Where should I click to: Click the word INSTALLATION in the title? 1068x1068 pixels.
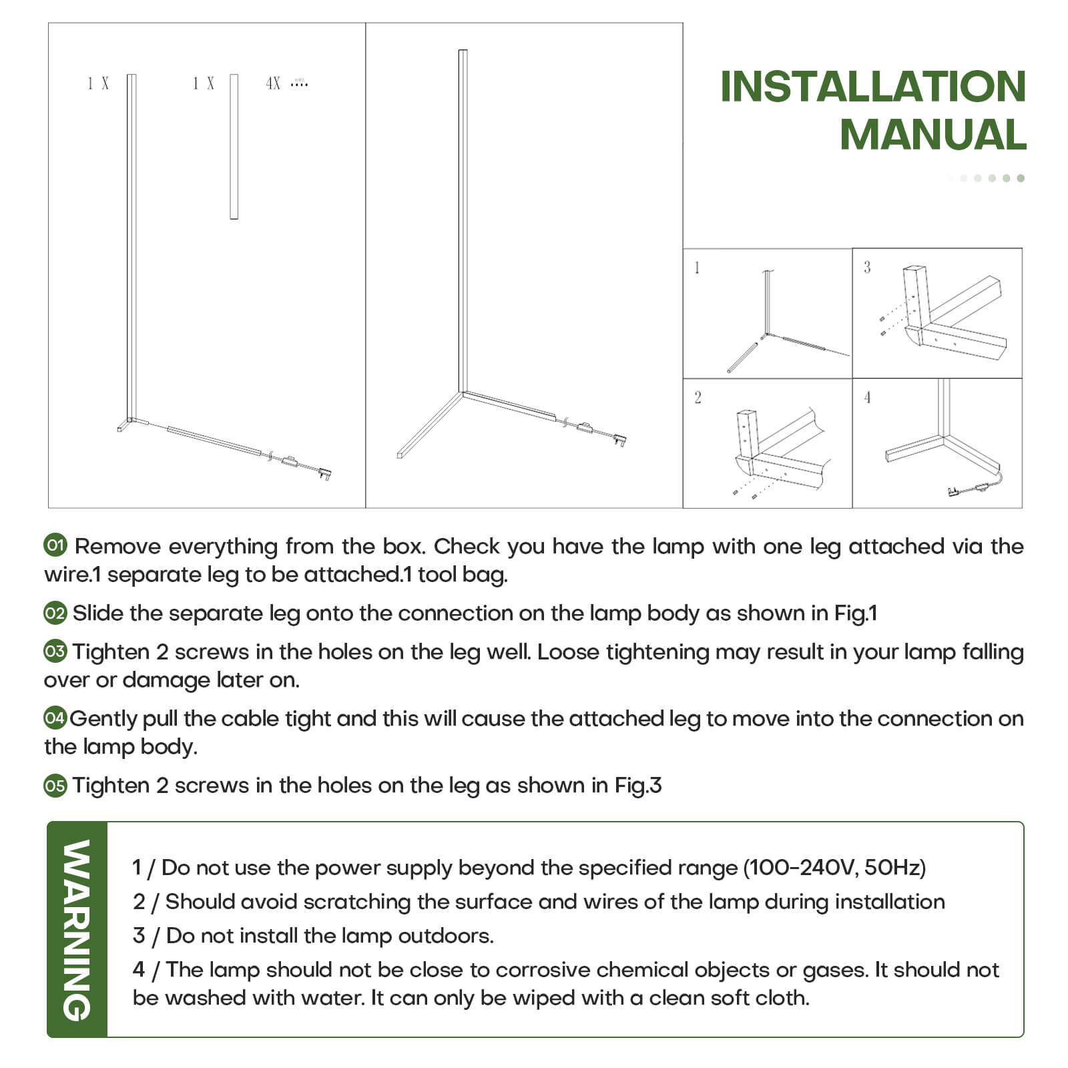[872, 87]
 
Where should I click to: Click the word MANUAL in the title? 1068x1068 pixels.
[932, 135]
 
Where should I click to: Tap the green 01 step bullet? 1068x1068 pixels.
[55, 545]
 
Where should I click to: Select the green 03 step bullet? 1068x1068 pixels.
[55, 651]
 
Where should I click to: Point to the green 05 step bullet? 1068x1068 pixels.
[55, 786]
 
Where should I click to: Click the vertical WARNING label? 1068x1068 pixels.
[77, 929]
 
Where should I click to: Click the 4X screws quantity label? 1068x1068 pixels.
[273, 83]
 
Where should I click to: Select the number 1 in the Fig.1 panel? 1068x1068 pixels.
[697, 268]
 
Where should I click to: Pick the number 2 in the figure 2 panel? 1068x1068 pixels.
[698, 398]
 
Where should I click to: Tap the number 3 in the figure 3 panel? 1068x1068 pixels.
[867, 268]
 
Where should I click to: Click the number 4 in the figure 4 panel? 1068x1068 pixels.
[867, 398]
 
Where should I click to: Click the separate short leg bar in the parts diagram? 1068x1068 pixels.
[234, 147]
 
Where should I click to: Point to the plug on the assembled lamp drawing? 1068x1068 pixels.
[620, 440]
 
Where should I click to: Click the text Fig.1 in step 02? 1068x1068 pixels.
[855, 613]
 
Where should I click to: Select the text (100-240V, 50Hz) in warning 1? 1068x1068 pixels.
[834, 868]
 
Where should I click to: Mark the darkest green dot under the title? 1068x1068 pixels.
[1021, 178]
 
